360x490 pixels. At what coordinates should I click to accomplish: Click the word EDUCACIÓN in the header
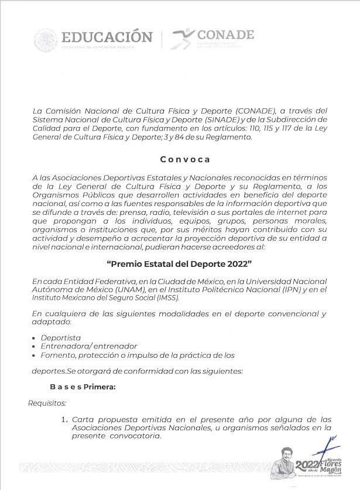pyautogui.click(x=106, y=36)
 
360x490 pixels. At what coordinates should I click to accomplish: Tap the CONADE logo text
pyautogui.click(x=225, y=35)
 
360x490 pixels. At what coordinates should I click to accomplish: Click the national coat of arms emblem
pyautogui.click(x=45, y=40)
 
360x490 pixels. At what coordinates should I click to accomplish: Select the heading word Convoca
pyautogui.click(x=185, y=159)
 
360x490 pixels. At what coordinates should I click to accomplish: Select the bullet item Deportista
pyautogui.click(x=61, y=338)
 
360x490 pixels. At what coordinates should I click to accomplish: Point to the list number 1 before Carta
pyautogui.click(x=64, y=419)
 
